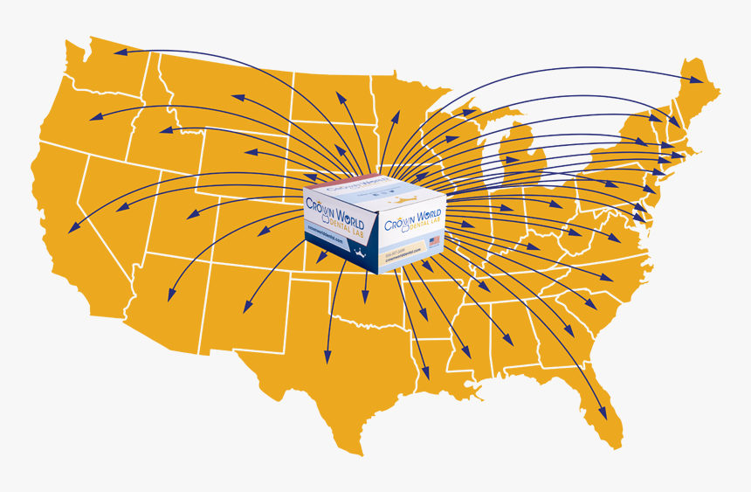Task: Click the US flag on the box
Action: (434, 240)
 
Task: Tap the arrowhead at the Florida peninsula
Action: (602, 417)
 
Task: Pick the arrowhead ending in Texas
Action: (327, 358)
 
